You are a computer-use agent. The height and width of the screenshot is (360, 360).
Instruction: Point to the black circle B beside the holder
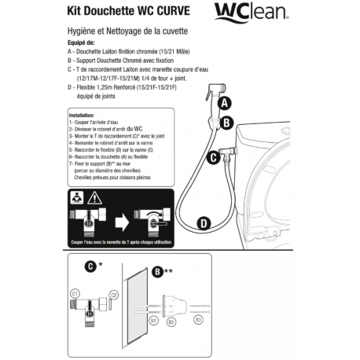pyautogui.click(x=226, y=122)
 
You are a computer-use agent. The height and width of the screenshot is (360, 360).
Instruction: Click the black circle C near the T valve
pyautogui.click(x=211, y=157)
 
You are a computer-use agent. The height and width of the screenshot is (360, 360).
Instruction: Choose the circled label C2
pyautogui.click(x=114, y=294)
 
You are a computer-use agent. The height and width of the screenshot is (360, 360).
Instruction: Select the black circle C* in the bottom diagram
pyautogui.click(x=92, y=267)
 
